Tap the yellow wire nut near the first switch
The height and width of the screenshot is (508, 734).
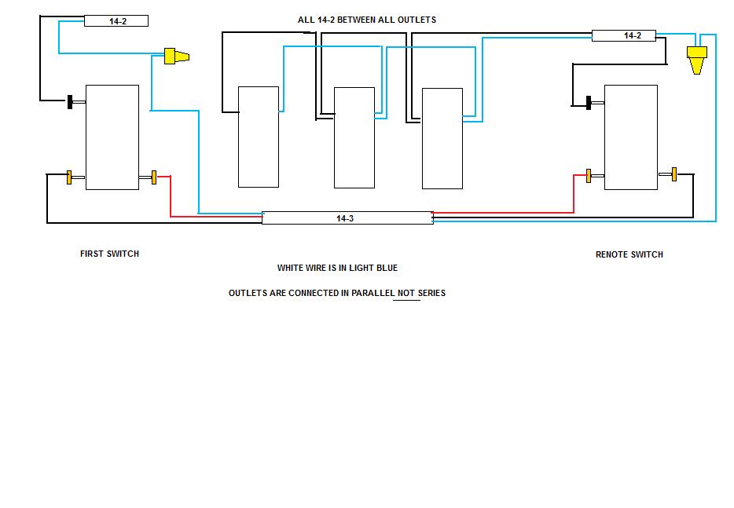coord(177,56)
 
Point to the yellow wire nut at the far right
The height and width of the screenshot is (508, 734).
coord(696,60)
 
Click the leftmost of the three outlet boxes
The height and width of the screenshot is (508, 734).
coord(259,137)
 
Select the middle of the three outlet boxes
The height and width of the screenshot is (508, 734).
coord(354,138)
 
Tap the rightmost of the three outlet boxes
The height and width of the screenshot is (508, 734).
coord(442,138)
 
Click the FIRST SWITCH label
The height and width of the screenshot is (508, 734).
coord(109,254)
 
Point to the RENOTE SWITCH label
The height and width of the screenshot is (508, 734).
coord(629,254)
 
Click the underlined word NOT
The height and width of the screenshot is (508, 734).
coord(406,293)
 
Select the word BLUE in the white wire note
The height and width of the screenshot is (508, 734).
coord(387,268)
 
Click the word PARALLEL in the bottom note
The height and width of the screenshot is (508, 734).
coord(373,293)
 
